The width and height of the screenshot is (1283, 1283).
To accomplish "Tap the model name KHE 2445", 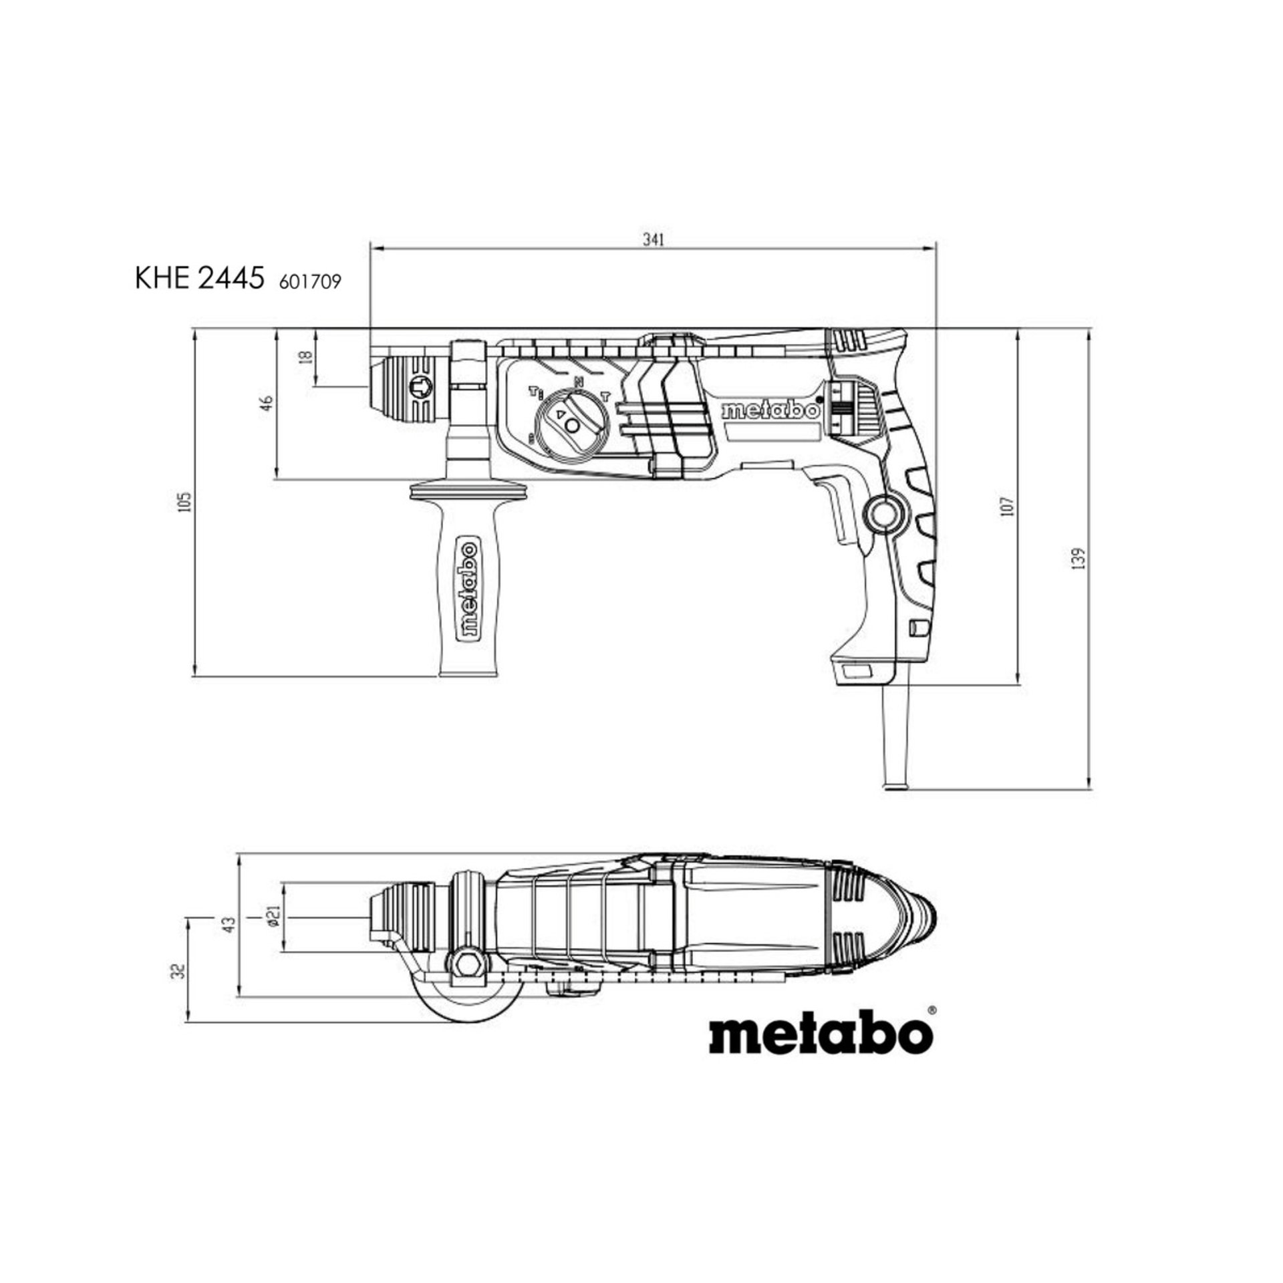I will click(198, 280).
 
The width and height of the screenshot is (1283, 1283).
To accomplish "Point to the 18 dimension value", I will click(306, 357).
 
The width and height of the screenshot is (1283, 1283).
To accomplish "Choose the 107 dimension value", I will click(1009, 506).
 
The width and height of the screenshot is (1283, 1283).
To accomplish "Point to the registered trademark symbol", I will click(932, 1012).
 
